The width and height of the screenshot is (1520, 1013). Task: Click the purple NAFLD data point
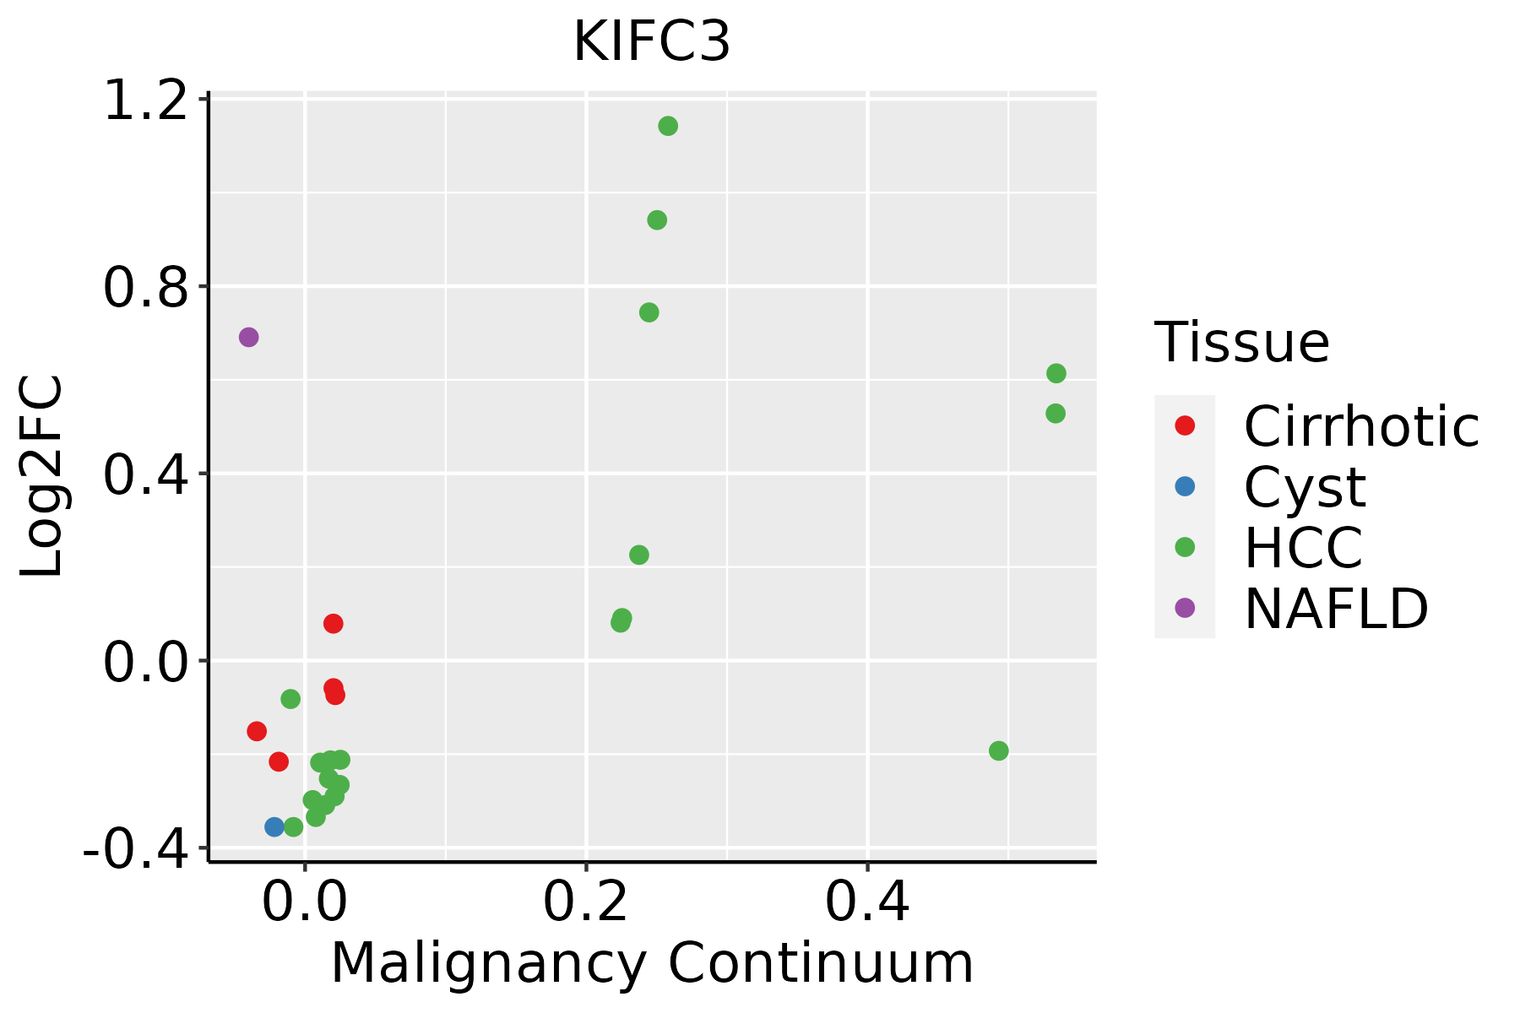[248, 338]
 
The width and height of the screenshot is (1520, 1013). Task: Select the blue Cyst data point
[274, 826]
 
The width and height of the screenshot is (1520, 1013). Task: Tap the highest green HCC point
[668, 127]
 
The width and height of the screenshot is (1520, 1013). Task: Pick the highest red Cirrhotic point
[334, 624]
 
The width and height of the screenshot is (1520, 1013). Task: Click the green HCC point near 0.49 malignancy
[999, 750]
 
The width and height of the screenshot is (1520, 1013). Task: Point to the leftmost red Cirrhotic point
[257, 731]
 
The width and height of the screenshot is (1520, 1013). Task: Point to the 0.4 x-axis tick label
[867, 902]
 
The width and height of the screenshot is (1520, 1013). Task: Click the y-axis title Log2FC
[42, 475]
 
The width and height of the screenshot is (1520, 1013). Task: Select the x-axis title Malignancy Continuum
[651, 964]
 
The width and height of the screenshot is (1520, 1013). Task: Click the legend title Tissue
[1241, 343]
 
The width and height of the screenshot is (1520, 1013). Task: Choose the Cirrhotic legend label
[1361, 426]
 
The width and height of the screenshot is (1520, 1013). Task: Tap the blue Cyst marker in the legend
[1185, 486]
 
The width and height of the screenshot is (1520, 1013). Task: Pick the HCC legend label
[1303, 547]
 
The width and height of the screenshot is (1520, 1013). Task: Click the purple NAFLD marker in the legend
[1185, 607]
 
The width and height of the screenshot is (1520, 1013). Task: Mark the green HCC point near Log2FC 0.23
[639, 555]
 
